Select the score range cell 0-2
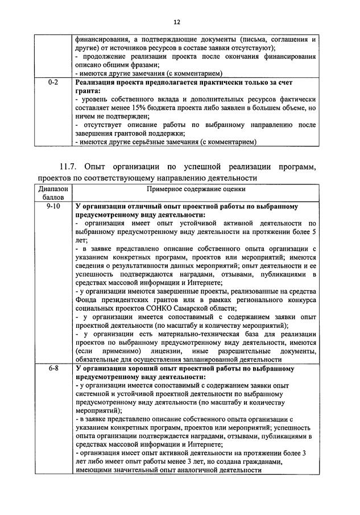tap(54, 83)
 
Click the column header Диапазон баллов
tap(54, 192)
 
